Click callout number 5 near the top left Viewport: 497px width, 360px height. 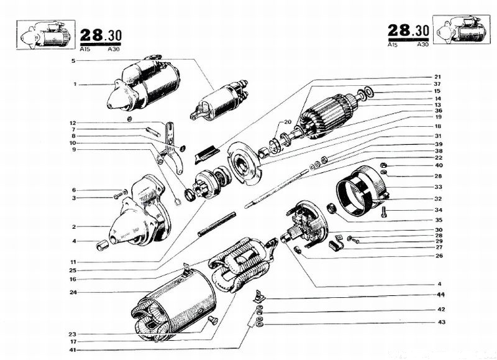[73, 60]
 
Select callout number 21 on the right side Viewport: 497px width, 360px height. [437, 76]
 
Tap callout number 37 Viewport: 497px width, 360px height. [437, 84]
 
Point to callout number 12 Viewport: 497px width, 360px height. [73, 122]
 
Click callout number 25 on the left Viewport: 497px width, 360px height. [73, 270]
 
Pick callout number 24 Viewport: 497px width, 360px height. [73, 292]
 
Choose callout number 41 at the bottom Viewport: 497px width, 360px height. [73, 350]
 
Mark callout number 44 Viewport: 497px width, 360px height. [440, 294]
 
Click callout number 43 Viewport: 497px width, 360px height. [440, 321]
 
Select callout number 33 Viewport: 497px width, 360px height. [438, 187]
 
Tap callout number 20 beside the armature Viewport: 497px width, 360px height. [288, 121]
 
